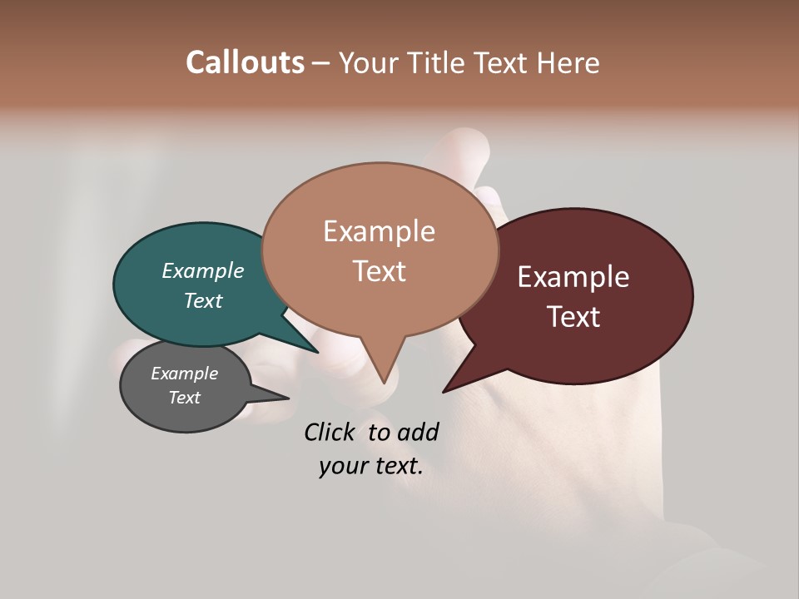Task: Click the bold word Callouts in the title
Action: pyautogui.click(x=245, y=62)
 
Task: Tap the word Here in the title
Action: pyautogui.click(x=568, y=62)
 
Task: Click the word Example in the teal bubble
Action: pyautogui.click(x=202, y=270)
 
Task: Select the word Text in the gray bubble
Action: pyautogui.click(x=184, y=398)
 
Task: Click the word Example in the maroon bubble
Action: pyautogui.click(x=573, y=277)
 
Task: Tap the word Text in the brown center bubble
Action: pyautogui.click(x=379, y=271)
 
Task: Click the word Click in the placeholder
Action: pyautogui.click(x=330, y=432)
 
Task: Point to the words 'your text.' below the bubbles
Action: pyautogui.click(x=370, y=466)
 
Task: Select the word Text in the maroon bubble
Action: pyautogui.click(x=573, y=317)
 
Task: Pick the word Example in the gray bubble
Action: pyautogui.click(x=184, y=374)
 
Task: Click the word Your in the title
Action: pyautogui.click(x=366, y=62)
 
